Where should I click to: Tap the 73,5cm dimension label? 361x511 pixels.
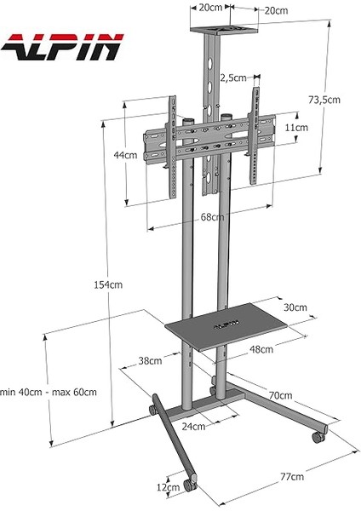pyautogui.click(x=324, y=100)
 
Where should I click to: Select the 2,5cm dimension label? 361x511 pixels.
pyautogui.click(x=234, y=78)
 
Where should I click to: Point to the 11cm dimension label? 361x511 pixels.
pyautogui.click(x=296, y=127)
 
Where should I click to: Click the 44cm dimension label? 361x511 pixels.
pyautogui.click(x=125, y=155)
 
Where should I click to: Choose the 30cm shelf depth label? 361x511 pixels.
pyautogui.click(x=295, y=307)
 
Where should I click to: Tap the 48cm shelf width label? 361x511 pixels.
pyautogui.click(x=261, y=349)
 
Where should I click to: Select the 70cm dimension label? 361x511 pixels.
pyautogui.click(x=280, y=396)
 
